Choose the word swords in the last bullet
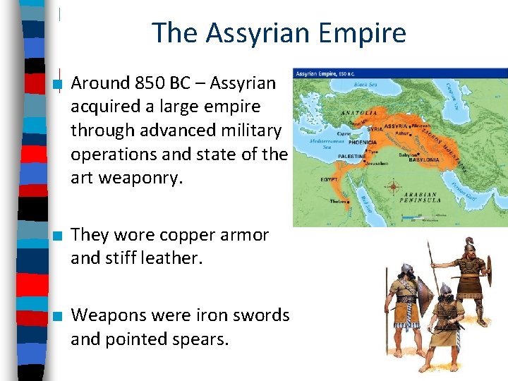pos(262,315)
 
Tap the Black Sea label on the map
pos(365,85)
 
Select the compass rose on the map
pos(392,188)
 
